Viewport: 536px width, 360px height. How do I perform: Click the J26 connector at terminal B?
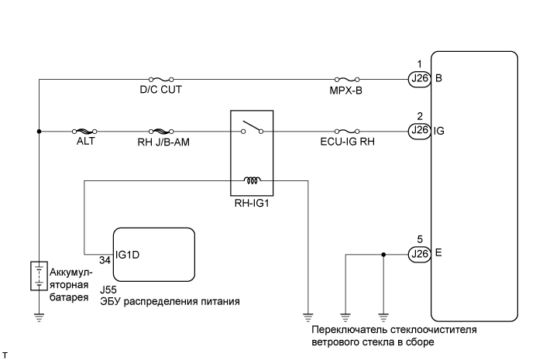tap(419, 78)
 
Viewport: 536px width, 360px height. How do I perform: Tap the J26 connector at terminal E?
tap(419, 252)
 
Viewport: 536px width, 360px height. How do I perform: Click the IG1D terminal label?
tap(128, 252)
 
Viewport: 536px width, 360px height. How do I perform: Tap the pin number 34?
tap(105, 261)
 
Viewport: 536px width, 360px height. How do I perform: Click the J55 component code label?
tap(108, 290)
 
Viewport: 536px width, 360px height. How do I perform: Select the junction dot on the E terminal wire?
tap(383, 252)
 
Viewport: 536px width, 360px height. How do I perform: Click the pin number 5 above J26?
tap(418, 239)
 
